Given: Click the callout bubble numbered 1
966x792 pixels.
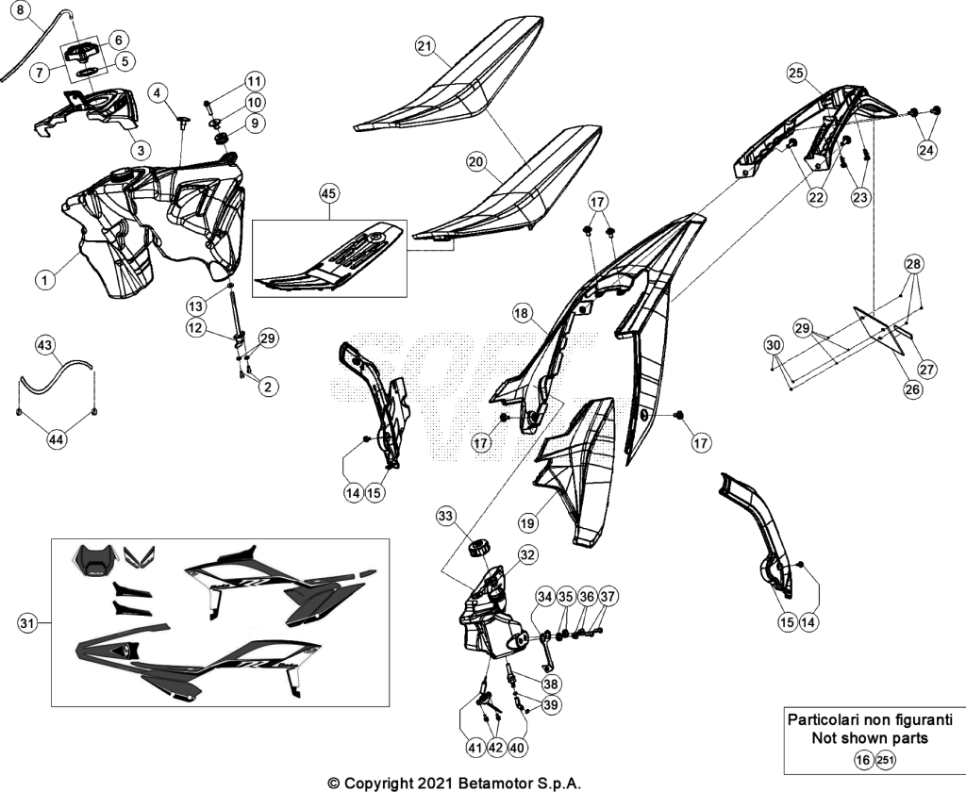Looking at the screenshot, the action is point(44,280).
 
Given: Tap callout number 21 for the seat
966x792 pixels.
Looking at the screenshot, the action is point(425,46).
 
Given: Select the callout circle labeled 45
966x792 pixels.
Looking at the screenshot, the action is point(329,194).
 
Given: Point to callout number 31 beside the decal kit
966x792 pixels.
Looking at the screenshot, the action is point(25,623).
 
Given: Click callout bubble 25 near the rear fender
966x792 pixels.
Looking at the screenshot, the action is point(796,74).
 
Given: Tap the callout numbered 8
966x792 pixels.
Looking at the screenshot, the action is point(20,10).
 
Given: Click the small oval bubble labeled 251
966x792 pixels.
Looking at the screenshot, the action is point(885,761).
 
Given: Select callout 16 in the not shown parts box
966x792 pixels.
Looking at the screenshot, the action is point(864,761).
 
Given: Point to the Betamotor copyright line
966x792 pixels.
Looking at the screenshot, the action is point(454,784).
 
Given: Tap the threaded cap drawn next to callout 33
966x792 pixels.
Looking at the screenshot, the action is point(478,547).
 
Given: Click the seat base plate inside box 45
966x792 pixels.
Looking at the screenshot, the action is point(331,256).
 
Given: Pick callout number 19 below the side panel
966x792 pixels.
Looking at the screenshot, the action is point(527,523).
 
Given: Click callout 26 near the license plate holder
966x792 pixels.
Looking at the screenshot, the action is point(912,389).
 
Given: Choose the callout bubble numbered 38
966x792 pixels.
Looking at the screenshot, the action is point(550,684).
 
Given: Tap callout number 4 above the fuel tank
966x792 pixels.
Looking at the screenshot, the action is point(158,93).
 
